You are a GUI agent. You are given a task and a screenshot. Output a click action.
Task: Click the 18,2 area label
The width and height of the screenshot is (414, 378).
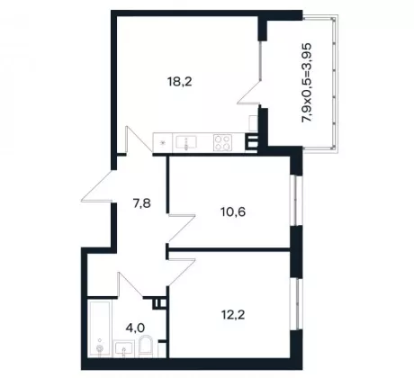point(180,82)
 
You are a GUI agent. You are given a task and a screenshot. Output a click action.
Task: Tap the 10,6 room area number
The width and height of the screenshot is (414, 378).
point(233,212)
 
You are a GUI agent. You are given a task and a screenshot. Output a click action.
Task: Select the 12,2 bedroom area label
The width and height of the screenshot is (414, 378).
point(233,315)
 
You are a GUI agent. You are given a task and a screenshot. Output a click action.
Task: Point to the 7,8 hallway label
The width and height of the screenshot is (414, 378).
point(142,204)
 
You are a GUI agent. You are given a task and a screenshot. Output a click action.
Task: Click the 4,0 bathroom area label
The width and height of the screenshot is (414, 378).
point(136,328)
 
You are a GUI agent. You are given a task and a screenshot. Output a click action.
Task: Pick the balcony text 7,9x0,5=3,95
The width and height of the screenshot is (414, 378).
point(307,83)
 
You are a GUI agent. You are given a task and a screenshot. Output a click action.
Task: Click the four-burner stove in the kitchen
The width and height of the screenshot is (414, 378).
point(222,143)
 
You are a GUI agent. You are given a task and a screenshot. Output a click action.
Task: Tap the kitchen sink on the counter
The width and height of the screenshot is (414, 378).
point(186,143)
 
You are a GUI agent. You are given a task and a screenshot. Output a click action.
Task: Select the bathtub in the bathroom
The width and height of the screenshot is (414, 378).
point(100,328)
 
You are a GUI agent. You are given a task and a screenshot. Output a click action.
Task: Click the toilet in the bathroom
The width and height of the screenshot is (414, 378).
point(147,346)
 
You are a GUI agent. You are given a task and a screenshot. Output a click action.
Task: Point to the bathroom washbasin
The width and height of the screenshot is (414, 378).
point(123,349)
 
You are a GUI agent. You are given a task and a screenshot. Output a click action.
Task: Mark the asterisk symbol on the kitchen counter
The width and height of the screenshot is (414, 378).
point(163,143)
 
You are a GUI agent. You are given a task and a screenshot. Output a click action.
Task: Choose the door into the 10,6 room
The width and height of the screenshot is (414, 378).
point(182,228)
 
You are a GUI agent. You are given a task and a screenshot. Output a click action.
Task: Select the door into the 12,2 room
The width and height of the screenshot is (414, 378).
point(182,272)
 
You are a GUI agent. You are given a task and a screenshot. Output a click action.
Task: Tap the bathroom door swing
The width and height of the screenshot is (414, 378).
point(130,285)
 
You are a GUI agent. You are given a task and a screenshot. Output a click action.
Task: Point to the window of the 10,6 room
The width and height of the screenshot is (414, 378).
point(296,201)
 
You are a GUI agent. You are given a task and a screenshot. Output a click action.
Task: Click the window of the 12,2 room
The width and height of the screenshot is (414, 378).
point(296,304)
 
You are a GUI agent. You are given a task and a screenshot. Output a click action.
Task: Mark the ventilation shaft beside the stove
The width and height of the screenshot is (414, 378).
point(251,143)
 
